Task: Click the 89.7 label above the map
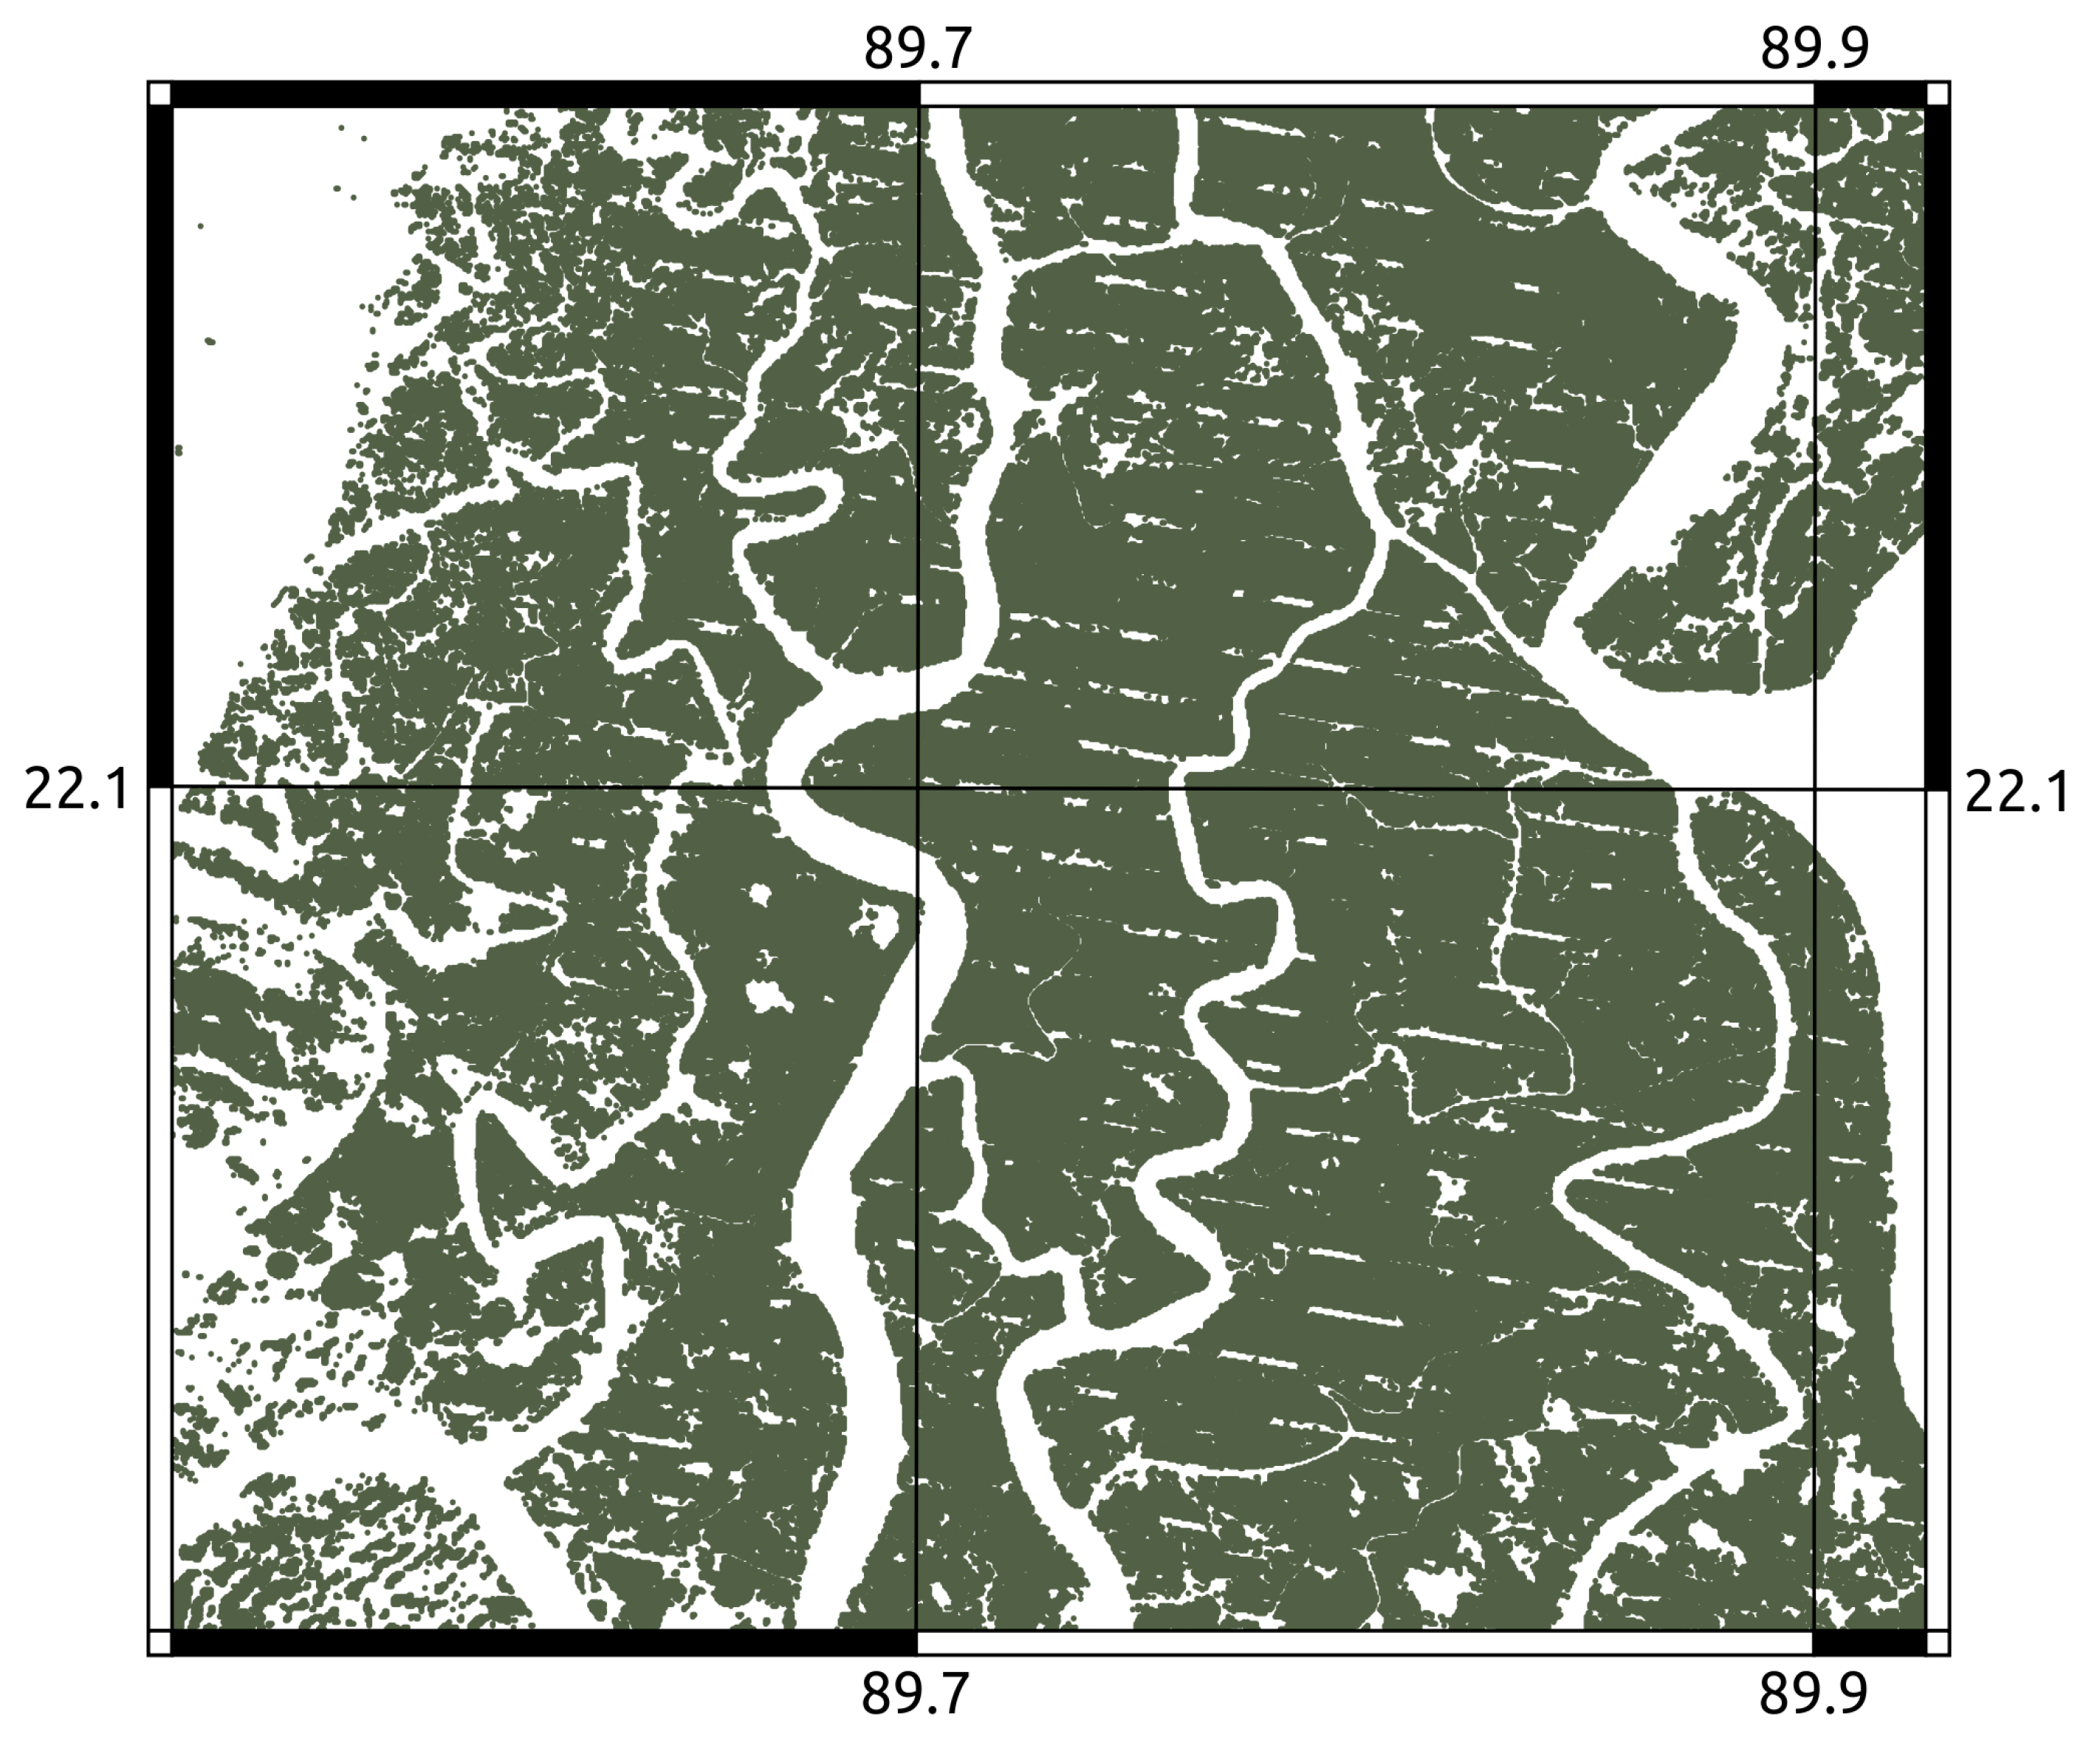(x=917, y=49)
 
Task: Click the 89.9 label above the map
(x=1814, y=49)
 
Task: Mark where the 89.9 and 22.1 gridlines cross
(x=1814, y=789)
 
